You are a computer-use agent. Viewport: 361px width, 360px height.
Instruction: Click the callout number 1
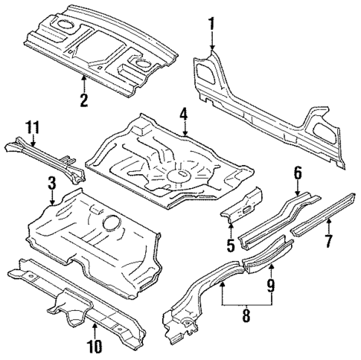[211, 24]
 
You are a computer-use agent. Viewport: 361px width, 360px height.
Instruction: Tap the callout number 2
[84, 99]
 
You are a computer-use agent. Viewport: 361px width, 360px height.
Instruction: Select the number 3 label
[51, 182]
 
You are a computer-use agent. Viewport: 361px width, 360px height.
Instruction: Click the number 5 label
[231, 244]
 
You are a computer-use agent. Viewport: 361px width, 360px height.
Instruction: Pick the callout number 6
[297, 173]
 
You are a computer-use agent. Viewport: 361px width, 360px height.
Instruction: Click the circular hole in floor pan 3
[110, 222]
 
